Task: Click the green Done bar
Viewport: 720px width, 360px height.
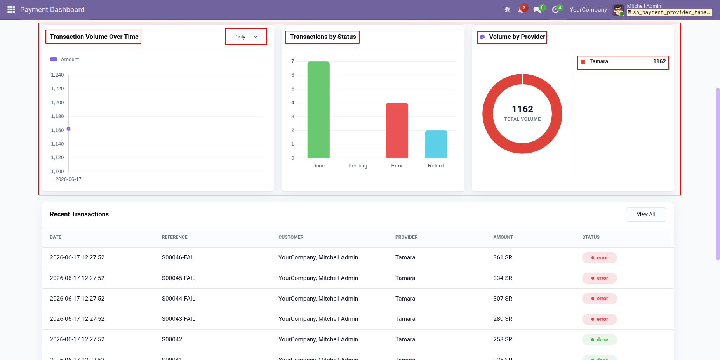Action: coord(318,110)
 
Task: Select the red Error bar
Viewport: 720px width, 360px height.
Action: coord(397,130)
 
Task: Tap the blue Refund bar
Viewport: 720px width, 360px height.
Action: coord(436,144)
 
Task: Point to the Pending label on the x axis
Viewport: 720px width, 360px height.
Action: coord(358,166)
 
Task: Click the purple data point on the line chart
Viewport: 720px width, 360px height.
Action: coord(68,129)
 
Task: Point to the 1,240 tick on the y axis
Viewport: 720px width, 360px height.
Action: coord(57,75)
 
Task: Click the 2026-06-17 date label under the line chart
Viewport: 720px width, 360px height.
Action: coord(68,179)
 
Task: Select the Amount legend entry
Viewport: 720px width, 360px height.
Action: coord(64,59)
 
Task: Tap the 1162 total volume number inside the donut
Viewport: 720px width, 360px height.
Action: coord(522,109)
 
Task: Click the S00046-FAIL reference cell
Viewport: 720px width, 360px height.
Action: coord(179,257)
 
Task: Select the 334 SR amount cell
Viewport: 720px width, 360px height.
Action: coord(503,278)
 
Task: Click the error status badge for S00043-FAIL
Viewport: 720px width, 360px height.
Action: coord(600,319)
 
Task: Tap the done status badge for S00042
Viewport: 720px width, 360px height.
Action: coord(600,340)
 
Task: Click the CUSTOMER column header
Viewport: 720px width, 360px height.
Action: coord(291,237)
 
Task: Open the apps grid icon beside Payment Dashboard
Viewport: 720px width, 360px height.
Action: coord(11,10)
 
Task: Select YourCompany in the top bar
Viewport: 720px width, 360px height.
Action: coord(588,10)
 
